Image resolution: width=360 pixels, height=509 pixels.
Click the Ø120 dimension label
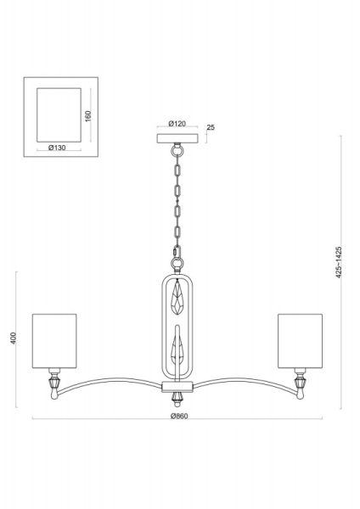[177, 124]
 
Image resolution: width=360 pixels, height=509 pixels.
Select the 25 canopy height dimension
[211, 127]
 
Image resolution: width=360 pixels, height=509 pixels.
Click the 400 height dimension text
[13, 338]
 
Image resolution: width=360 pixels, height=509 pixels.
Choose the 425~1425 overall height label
[337, 263]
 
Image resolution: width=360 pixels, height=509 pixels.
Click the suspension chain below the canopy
[178, 204]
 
